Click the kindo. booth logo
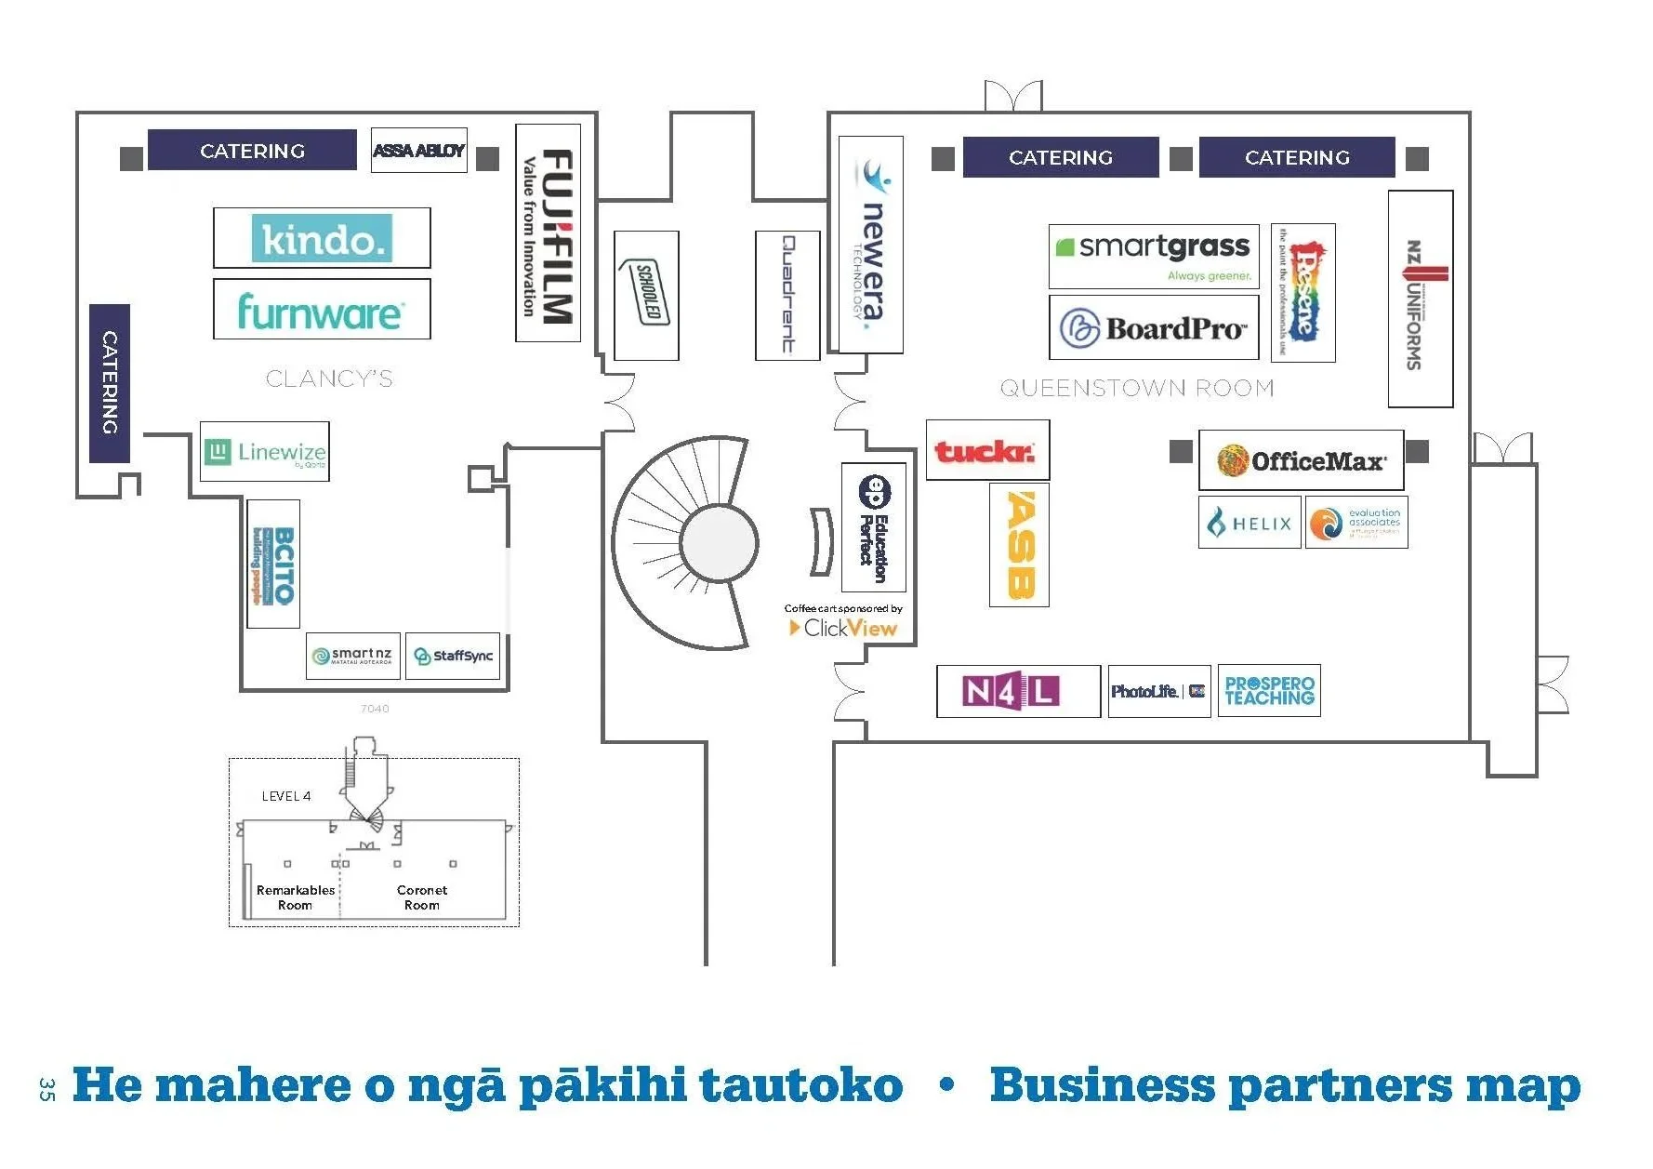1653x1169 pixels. coord(322,239)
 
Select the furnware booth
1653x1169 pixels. coord(322,310)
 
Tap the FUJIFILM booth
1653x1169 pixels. coord(549,233)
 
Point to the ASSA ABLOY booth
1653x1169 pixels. coord(418,151)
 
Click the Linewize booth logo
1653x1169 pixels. coord(265,452)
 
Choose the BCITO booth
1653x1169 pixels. coord(273,564)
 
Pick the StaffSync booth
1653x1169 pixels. coord(453,656)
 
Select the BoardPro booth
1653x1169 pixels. coord(1154,327)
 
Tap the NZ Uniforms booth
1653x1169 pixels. coord(1420,299)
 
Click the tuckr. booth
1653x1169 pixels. coord(987,450)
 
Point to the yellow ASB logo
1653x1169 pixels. coord(1019,545)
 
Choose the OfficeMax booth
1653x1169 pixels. coord(1301,460)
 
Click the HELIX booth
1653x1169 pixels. coord(1250,523)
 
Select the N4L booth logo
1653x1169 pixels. coord(1011,691)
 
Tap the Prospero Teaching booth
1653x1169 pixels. coord(1269,691)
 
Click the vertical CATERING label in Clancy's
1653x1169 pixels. coord(110,383)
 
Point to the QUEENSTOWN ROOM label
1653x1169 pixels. coord(1136,388)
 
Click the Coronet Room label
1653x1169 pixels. coord(422,897)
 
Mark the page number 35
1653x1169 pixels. coord(47,1088)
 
